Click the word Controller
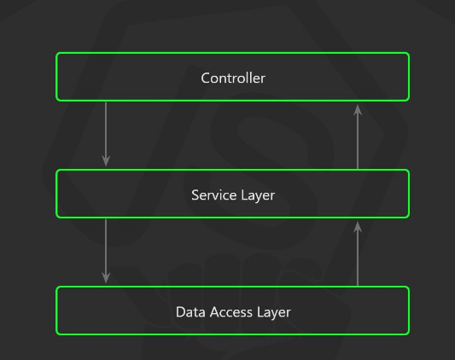233,78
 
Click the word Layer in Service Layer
257,195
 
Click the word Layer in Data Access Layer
274,311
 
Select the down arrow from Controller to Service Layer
106,132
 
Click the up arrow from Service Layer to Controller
358,136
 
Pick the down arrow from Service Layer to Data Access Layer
106,249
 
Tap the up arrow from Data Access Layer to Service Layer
358,253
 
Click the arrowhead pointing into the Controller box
358,108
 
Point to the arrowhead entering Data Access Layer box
106,277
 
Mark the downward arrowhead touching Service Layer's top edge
106,160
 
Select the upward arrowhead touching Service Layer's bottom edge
358,225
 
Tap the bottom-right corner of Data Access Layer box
408,333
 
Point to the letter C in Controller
206,78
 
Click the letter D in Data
180,311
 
